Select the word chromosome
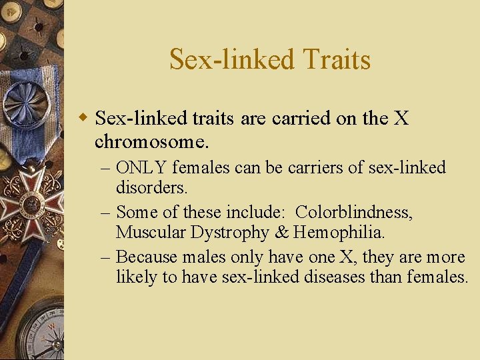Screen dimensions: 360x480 pos(151,142)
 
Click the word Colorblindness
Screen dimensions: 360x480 pos(353,212)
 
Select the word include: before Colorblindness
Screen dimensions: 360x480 pos(257,212)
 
